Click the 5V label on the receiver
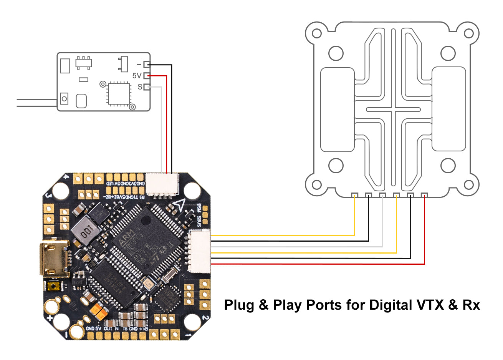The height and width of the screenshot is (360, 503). pyautogui.click(x=137, y=76)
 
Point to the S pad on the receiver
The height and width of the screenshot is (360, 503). pyautogui.click(x=146, y=87)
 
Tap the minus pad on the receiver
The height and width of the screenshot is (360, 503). pyautogui.click(x=146, y=64)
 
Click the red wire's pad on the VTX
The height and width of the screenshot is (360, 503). pyautogui.click(x=424, y=195)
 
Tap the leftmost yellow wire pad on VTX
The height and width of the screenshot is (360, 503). pyautogui.click(x=354, y=195)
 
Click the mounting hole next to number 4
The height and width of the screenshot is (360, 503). pyautogui.click(x=60, y=189)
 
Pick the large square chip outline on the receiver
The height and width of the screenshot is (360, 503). pyautogui.click(x=118, y=93)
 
